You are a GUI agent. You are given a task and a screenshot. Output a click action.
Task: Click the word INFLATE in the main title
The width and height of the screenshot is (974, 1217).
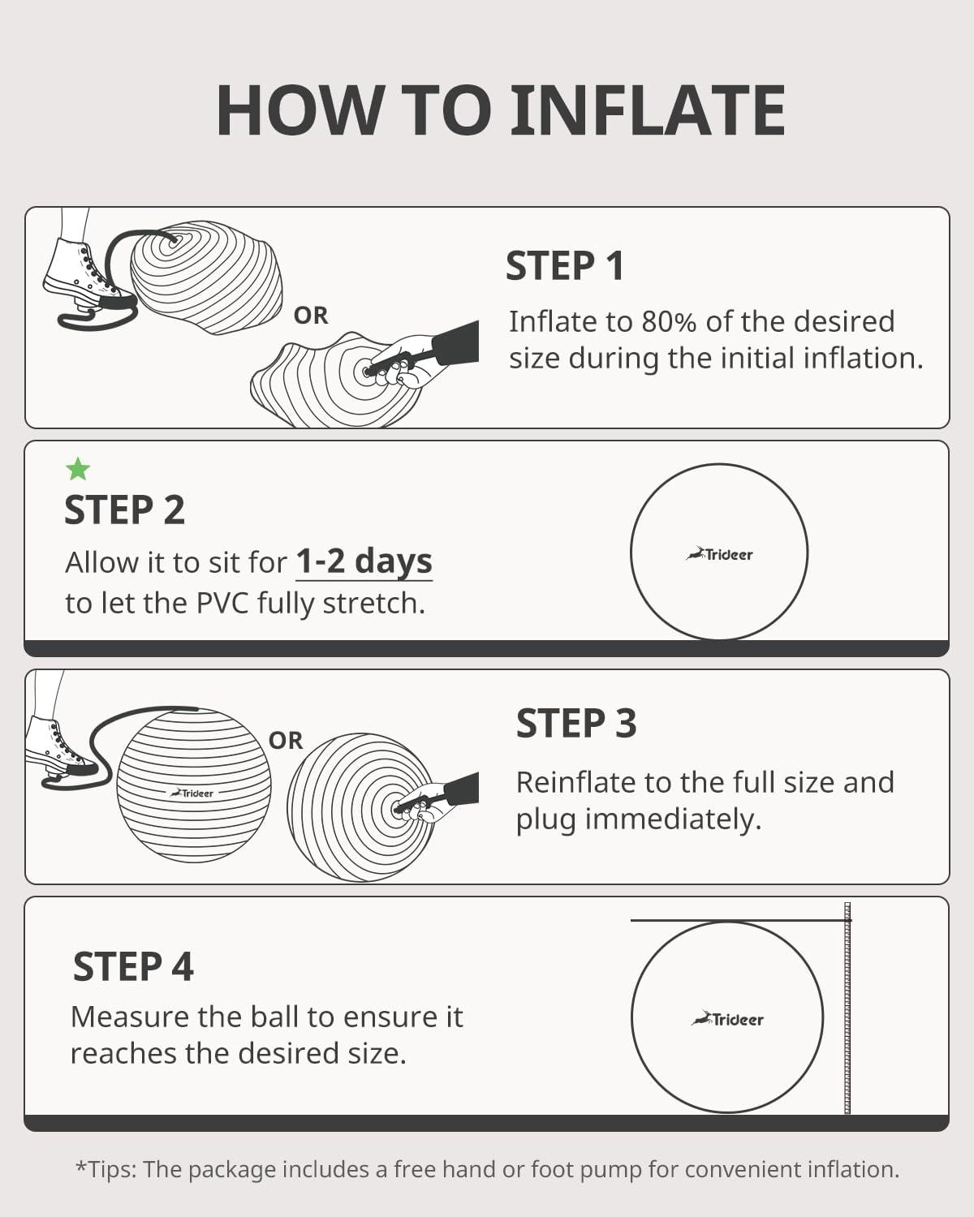pyautogui.click(x=647, y=111)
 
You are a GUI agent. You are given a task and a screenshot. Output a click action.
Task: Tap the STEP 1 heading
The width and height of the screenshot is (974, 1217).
pyautogui.click(x=565, y=266)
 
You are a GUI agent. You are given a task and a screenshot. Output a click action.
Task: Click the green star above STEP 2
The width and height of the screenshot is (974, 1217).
pyautogui.click(x=78, y=469)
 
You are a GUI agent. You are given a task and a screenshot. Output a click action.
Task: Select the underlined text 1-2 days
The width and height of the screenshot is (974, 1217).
pyautogui.click(x=364, y=561)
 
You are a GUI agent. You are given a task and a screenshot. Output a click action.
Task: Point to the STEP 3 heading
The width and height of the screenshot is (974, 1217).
pyautogui.click(x=576, y=723)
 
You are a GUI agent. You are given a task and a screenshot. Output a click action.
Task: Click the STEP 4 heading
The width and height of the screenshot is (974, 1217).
pyautogui.click(x=133, y=966)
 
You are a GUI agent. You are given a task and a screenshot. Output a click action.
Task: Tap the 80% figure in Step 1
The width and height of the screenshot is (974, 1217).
pyautogui.click(x=670, y=321)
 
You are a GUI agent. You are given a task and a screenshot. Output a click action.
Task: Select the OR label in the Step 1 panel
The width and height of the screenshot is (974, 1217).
pyautogui.click(x=311, y=315)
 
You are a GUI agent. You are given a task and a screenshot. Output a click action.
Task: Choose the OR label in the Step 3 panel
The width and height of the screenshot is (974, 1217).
pyautogui.click(x=286, y=740)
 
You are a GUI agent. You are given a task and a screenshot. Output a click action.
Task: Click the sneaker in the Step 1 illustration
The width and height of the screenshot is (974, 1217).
pyautogui.click(x=81, y=272)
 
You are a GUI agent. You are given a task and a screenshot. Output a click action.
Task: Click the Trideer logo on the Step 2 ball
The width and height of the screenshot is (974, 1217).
pyautogui.click(x=720, y=555)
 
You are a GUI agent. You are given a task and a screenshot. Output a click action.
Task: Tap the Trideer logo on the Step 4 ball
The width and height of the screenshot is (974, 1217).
pyautogui.click(x=727, y=1019)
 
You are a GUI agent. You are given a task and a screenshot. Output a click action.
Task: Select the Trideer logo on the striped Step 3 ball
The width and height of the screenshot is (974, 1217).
pyautogui.click(x=192, y=793)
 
